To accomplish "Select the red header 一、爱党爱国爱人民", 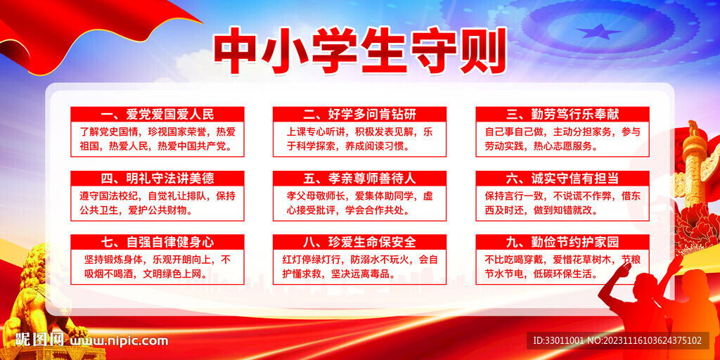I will click(x=157, y=114).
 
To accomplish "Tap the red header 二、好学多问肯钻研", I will click(x=359, y=114).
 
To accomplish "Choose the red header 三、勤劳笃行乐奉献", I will click(x=562, y=114).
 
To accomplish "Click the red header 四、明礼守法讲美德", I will click(x=157, y=178).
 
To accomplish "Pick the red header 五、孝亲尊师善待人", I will click(x=359, y=178).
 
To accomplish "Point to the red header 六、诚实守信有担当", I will click(x=562, y=178).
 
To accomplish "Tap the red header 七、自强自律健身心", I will click(x=157, y=242).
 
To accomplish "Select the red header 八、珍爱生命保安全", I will click(x=359, y=242).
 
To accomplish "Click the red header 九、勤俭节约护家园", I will click(x=562, y=242).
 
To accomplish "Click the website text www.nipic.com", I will click(x=120, y=341).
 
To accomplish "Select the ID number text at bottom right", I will click(x=617, y=341).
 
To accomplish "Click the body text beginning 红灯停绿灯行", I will click(x=359, y=266).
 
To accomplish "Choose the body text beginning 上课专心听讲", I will click(x=359, y=139).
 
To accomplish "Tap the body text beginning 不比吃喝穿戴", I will click(x=562, y=266).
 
